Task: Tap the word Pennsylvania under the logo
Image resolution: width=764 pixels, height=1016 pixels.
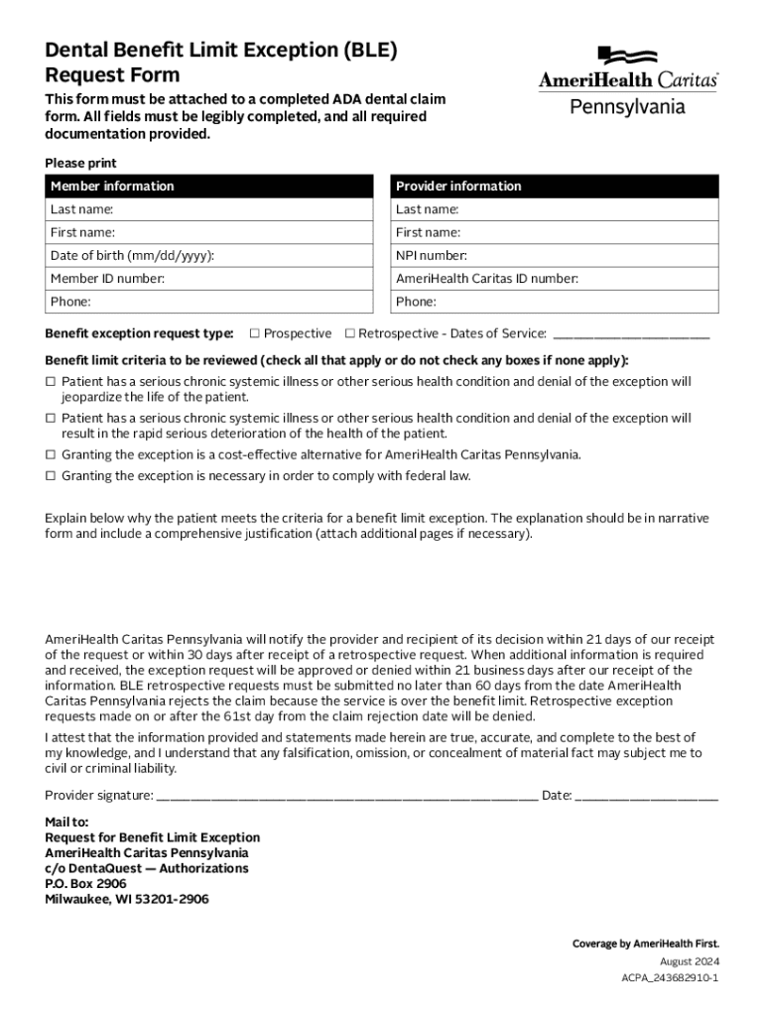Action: [x=627, y=105]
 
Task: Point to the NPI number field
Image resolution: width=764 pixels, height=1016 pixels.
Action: [x=555, y=256]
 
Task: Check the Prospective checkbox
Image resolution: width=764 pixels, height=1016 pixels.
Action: [x=255, y=333]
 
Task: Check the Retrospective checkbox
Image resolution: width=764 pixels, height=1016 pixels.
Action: [x=349, y=333]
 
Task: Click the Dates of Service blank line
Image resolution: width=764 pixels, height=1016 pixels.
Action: [x=631, y=335]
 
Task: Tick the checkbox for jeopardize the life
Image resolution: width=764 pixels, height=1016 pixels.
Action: [x=51, y=382]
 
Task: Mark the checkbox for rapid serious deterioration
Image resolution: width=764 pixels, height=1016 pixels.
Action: [x=51, y=419]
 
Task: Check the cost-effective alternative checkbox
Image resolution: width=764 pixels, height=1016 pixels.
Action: [x=51, y=454]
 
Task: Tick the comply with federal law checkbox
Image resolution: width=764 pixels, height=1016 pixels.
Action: [x=51, y=476]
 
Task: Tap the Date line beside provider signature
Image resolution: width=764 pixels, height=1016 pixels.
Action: [x=646, y=796]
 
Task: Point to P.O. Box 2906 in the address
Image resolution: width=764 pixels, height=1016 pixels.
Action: [x=85, y=884]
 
